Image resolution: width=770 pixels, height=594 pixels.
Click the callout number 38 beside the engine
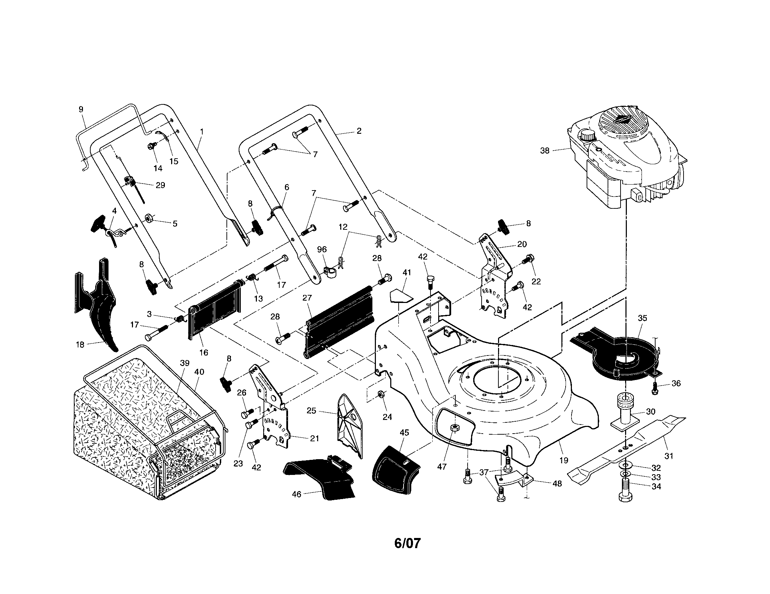pyautogui.click(x=545, y=151)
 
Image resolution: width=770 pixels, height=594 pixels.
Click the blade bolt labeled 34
pyautogui.click(x=625, y=489)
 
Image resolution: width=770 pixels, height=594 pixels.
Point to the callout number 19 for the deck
pyautogui.click(x=564, y=460)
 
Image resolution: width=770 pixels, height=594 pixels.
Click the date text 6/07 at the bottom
pyautogui.click(x=407, y=543)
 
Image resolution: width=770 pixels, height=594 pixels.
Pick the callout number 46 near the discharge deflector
pyautogui.click(x=297, y=494)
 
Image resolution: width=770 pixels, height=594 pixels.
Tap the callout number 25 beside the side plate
pyautogui.click(x=311, y=410)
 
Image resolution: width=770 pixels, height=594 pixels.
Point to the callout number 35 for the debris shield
pyautogui.click(x=642, y=318)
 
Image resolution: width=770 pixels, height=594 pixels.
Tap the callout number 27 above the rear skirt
pyautogui.click(x=307, y=298)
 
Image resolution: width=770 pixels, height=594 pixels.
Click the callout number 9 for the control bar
pyautogui.click(x=81, y=109)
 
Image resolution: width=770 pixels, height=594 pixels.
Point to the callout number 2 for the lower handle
pyautogui.click(x=359, y=131)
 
